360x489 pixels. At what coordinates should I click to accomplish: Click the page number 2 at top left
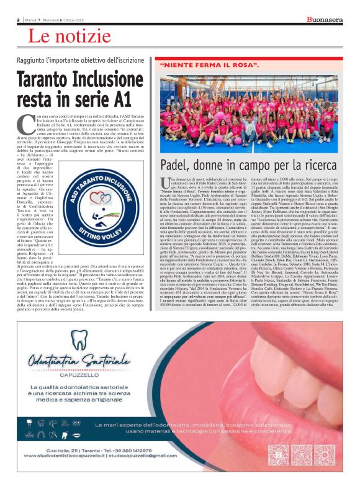(19, 20)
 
